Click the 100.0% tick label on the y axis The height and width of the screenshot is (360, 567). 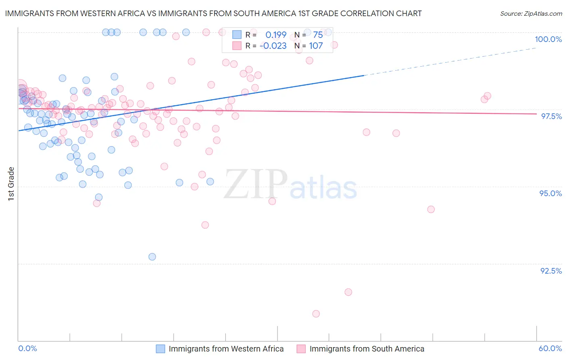click(548, 39)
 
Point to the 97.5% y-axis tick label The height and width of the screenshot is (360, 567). click(551, 116)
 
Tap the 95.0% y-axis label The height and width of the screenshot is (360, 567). click(550, 193)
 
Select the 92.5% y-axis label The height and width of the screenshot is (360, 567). click(551, 271)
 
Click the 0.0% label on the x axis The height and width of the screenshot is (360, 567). click(27, 348)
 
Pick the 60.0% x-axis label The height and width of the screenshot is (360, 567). click(550, 348)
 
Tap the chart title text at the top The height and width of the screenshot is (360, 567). click(213, 13)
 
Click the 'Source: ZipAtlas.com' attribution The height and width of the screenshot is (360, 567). click(531, 14)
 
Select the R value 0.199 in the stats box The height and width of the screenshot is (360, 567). click(276, 35)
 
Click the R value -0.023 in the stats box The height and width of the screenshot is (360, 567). click(273, 46)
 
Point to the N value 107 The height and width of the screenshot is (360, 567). click(316, 46)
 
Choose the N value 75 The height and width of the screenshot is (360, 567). click(318, 35)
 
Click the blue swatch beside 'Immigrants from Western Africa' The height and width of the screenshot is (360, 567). click(161, 349)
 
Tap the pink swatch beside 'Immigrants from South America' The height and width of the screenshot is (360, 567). click(301, 349)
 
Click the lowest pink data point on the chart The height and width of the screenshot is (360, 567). click(316, 314)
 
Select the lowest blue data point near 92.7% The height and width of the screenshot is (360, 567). click(152, 257)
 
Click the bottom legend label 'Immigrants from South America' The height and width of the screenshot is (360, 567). click(367, 349)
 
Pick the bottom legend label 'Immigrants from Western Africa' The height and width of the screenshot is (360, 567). click(226, 349)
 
